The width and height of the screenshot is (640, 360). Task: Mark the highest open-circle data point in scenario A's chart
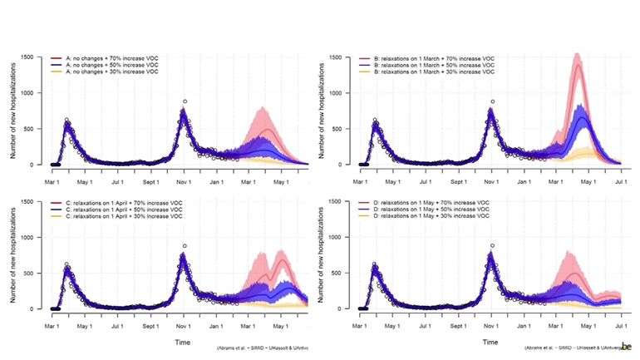point(185,101)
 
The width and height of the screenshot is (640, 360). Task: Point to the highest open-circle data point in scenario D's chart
point(493,246)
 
